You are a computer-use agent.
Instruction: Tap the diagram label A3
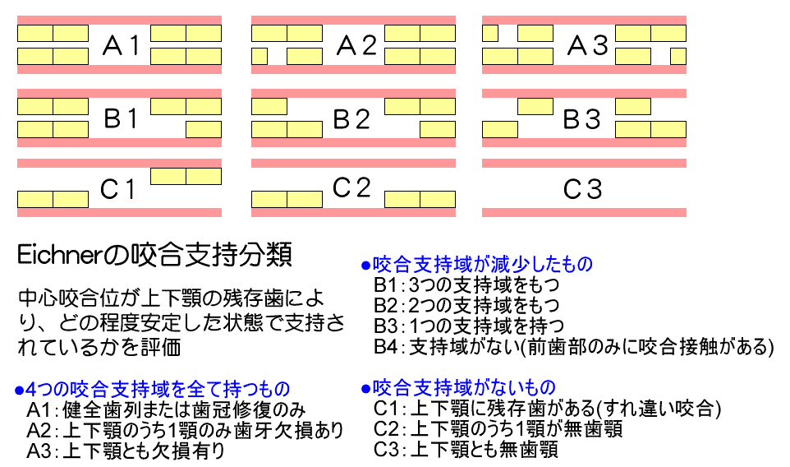[588, 46]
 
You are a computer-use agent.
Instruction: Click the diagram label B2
[352, 118]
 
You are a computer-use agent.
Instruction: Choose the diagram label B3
[582, 118]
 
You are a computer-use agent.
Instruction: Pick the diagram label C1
[117, 190]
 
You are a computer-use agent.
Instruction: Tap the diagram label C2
[352, 188]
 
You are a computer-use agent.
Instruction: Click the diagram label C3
[582, 190]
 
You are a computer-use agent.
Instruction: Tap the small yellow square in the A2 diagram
[260, 57]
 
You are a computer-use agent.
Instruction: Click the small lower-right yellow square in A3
[677, 57]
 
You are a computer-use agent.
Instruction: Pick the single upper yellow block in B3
[535, 106]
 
